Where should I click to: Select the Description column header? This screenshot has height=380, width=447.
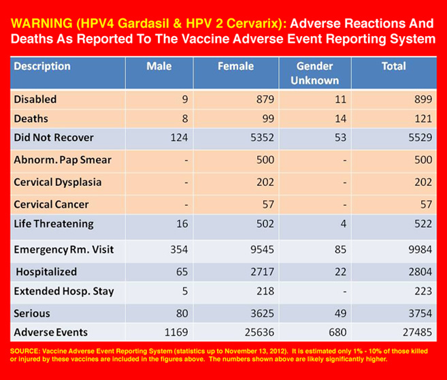(x=42, y=67)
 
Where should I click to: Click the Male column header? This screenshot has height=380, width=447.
(x=159, y=67)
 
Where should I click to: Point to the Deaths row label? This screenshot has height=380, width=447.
(x=31, y=118)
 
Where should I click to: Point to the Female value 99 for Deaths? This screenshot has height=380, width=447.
(x=267, y=118)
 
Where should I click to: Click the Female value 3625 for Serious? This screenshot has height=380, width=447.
(x=261, y=314)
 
